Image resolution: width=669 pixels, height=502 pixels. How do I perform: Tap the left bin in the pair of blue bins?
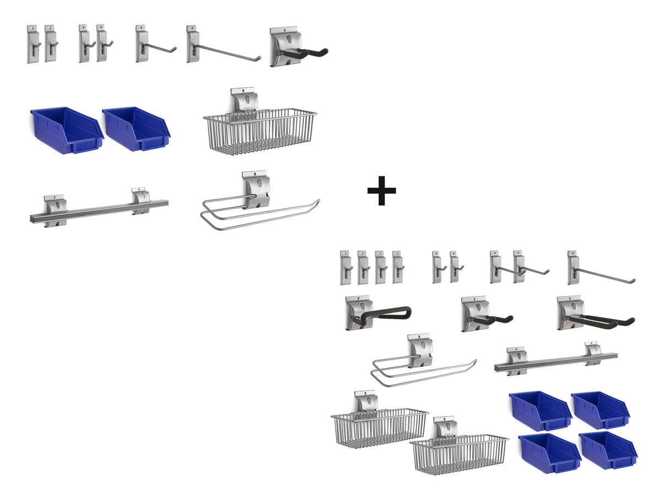tap(66, 130)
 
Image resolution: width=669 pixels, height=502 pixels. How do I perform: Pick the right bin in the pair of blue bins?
tap(137, 129)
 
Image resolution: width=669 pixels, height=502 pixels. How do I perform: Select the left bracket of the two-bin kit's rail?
tap(55, 210)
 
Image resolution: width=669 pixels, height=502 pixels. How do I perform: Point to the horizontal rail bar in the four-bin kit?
tap(554, 362)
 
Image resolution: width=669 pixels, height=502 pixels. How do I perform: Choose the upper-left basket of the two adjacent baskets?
tap(379, 424)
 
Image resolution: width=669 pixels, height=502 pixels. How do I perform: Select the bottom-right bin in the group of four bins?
tap(608, 450)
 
